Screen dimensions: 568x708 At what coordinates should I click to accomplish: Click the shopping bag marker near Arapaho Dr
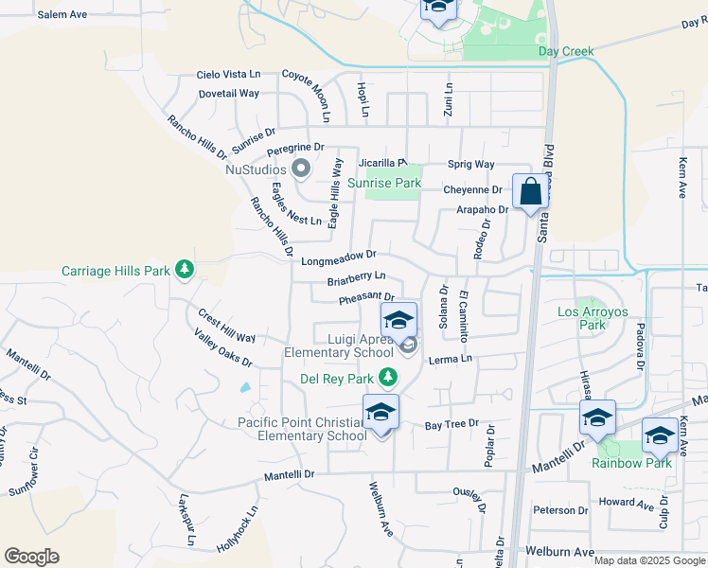(x=531, y=191)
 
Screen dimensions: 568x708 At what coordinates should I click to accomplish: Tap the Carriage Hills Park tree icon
(x=185, y=271)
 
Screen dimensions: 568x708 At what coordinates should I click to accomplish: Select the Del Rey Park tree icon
(x=387, y=378)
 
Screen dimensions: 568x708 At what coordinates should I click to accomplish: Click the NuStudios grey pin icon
(x=302, y=170)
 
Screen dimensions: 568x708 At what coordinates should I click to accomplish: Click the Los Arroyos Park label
(x=593, y=318)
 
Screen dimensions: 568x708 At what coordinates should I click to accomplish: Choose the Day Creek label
(x=565, y=51)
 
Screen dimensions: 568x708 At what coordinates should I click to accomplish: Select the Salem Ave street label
(x=62, y=15)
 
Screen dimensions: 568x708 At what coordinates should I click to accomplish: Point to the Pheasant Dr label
(x=366, y=299)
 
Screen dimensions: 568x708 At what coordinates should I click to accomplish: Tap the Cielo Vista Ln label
(x=228, y=74)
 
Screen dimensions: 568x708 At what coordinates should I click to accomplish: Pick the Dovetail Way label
(x=229, y=94)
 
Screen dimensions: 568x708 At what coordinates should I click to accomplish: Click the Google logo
(x=31, y=557)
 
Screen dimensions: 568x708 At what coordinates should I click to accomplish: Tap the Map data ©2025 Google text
(x=648, y=560)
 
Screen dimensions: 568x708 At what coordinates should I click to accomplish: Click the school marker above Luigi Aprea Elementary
(x=399, y=320)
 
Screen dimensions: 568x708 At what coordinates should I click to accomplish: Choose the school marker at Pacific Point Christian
(x=381, y=413)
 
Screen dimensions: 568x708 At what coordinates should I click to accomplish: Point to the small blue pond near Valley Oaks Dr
(x=246, y=387)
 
